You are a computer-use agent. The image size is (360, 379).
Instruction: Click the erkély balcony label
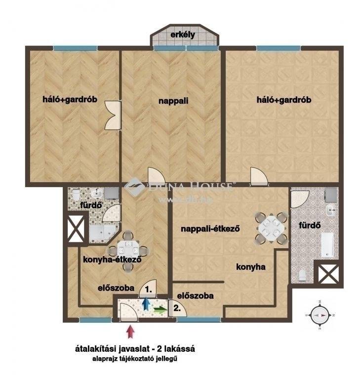pos(183,35)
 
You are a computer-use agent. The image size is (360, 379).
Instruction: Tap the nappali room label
pos(173,101)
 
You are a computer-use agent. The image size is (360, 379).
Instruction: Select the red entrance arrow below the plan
pos(130,332)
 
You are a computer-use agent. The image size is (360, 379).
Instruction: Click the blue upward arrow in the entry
pos(146,303)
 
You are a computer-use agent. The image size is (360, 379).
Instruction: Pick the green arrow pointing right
pos(160,309)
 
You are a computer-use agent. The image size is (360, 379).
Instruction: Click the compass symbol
pos(320,315)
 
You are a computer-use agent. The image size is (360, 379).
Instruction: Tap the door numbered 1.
pos(148,289)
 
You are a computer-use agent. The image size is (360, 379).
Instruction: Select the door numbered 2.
pos(178,308)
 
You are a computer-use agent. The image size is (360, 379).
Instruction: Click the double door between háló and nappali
pos(113,115)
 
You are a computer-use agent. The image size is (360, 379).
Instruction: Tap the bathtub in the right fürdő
pos(327,245)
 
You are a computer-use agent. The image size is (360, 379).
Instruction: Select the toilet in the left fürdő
pos(76,194)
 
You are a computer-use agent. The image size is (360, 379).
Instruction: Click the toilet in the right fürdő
pos(302,275)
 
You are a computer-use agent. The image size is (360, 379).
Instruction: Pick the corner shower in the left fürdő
pos(103,233)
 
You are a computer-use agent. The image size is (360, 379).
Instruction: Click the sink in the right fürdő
pos(330,210)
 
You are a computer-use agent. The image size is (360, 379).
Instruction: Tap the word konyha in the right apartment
pos(251,267)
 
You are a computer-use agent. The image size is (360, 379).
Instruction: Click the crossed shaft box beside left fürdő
pos(76,228)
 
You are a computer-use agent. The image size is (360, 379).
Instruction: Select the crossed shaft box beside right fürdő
pos(328,273)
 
